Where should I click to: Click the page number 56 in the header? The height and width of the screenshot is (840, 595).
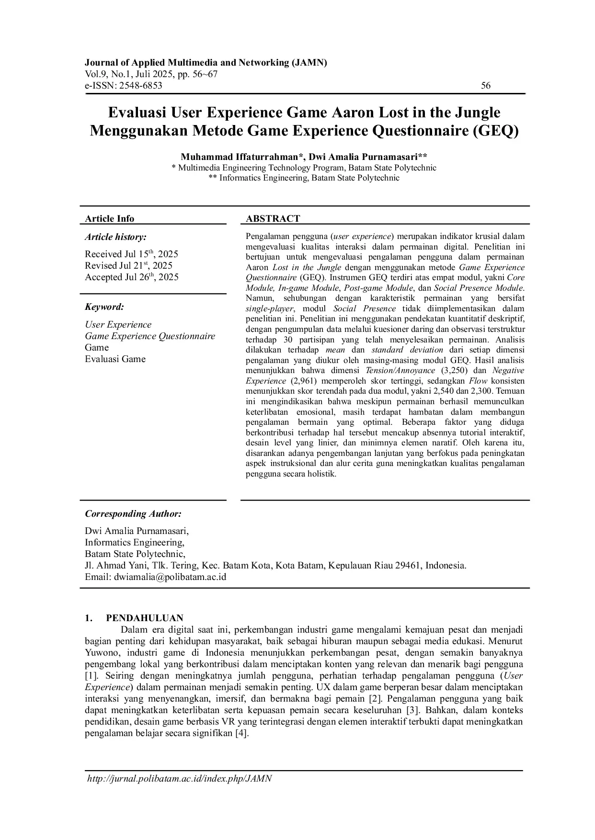(486, 86)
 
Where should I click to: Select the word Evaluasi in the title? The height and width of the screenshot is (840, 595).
(137, 113)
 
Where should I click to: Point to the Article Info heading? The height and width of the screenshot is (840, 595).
(110, 219)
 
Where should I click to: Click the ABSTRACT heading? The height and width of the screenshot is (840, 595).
(273, 219)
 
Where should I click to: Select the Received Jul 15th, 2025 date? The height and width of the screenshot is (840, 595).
(131, 254)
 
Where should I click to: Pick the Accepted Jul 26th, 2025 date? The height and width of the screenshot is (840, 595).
(132, 277)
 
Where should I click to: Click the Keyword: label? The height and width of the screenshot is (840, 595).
(104, 307)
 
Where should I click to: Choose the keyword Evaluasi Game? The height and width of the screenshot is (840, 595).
(115, 359)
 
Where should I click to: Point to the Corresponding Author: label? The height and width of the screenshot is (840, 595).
(133, 514)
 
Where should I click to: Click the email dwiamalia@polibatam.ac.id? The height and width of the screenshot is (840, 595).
(170, 577)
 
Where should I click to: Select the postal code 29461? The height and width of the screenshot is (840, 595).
(408, 566)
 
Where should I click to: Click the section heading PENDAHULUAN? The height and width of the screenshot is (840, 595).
(144, 618)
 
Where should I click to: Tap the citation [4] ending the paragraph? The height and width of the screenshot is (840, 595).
(241, 734)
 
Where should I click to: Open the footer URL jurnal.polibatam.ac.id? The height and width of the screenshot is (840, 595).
(179, 779)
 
